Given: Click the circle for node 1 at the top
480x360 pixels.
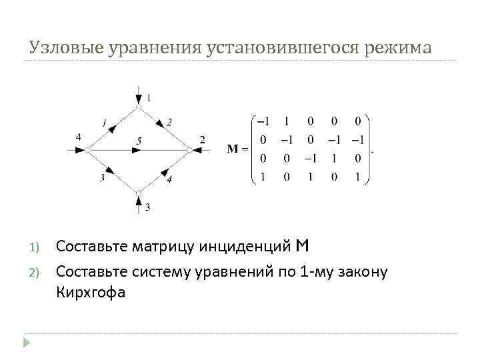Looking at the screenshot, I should [138, 107].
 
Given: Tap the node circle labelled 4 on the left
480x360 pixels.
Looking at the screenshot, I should [87, 150].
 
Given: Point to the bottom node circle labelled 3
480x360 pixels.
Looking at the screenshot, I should [138, 193].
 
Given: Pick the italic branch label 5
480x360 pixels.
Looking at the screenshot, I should [138, 141].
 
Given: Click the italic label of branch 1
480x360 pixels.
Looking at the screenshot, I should [104, 121].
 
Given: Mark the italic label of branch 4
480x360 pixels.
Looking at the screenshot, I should [169, 179].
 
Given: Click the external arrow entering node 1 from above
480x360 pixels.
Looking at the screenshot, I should [138, 93].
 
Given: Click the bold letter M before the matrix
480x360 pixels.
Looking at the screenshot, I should [233, 149].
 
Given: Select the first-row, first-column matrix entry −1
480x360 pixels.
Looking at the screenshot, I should [264, 121].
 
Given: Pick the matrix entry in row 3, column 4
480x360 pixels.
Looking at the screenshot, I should [338, 159].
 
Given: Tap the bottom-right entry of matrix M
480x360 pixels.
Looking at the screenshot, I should [357, 177].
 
